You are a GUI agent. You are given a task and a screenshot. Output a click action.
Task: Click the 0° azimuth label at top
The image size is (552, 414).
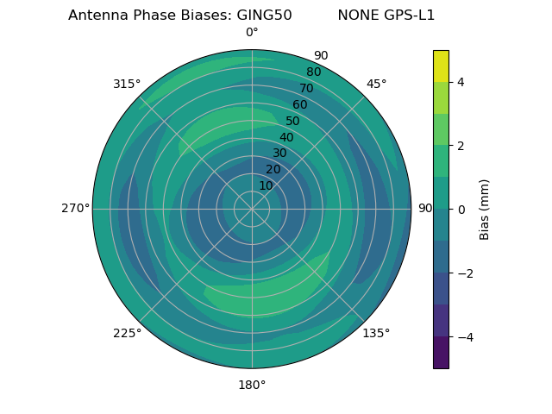coord(252,33)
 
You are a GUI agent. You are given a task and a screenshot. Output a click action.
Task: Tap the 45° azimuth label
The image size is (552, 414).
coord(376,84)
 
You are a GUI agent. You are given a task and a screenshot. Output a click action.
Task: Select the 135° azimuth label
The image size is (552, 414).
coord(376,333)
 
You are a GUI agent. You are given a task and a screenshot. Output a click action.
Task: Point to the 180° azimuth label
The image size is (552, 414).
coord(252,385)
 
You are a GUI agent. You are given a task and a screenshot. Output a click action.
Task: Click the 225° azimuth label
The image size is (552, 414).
coord(127,333)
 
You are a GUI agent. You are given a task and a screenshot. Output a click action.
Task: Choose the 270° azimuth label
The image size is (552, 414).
coord(75,209)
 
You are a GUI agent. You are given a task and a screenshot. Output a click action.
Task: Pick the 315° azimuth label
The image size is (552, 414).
coord(127,84)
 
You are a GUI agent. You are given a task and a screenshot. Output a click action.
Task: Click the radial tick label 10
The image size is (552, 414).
coord(266,185)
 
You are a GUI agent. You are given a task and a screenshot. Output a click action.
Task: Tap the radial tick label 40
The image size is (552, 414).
coord(286,137)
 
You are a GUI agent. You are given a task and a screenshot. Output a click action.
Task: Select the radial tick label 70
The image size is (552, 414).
coord(306,88)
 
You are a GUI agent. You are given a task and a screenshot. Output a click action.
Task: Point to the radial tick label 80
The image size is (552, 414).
coord(313,72)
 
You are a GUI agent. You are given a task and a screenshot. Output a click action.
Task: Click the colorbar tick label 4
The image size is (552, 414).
coord(461,82)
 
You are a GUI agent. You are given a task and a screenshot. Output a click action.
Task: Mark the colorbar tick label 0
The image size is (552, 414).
coord(461,210)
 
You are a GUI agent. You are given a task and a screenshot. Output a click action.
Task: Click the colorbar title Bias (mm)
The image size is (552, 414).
coord(485,210)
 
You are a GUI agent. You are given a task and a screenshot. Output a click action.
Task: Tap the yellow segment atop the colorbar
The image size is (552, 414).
coord(441,66)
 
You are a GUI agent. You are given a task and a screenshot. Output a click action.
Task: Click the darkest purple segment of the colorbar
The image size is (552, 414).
coord(441,353)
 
